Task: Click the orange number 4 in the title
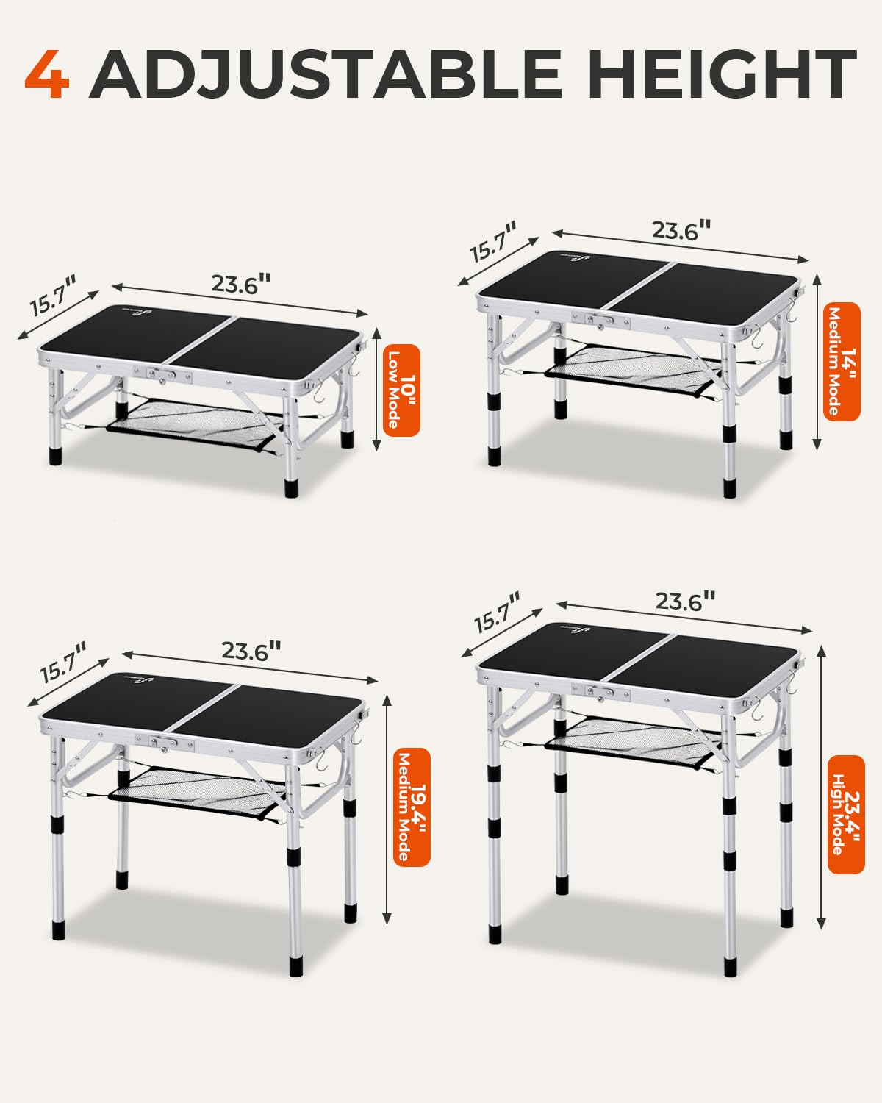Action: tap(48, 74)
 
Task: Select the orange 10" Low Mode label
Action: tap(401, 390)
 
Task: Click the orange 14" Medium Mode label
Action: tap(842, 362)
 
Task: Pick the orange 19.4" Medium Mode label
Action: tap(412, 807)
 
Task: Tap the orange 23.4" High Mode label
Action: tap(845, 814)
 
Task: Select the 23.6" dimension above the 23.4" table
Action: tap(685, 602)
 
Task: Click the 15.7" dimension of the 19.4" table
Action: tap(63, 663)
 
